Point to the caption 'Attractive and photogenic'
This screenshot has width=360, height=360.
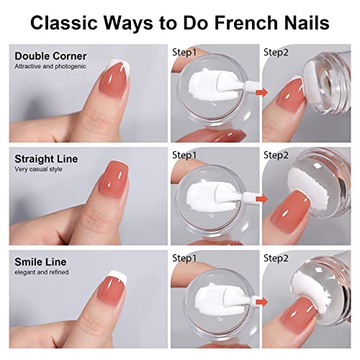[45, 66]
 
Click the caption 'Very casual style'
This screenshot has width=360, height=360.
[35, 169]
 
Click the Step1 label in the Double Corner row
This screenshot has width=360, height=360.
[185, 53]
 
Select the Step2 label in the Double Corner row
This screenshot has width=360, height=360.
[276, 53]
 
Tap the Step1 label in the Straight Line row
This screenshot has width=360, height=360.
[185, 155]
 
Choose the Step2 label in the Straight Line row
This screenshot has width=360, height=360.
[276, 155]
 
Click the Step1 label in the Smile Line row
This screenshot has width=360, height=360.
[185, 257]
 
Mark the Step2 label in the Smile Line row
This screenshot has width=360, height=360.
[276, 257]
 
